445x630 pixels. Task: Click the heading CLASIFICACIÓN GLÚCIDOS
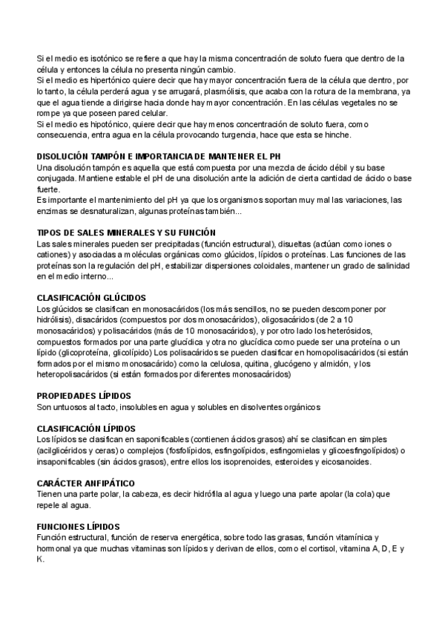coord(91,298)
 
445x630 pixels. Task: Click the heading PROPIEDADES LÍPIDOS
coord(84,396)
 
